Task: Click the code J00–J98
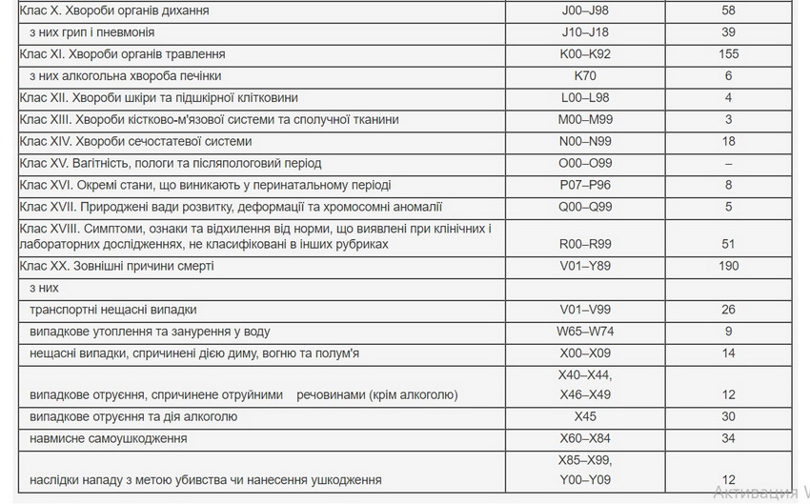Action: [x=585, y=10]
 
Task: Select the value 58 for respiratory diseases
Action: [x=728, y=10]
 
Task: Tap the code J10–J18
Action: [x=585, y=32]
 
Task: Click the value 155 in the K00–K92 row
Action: [x=728, y=54]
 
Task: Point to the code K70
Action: [x=585, y=76]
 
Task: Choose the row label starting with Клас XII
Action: [x=158, y=98]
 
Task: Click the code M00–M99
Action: [x=585, y=120]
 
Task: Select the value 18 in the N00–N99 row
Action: [x=728, y=142]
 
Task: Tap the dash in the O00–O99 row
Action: [x=728, y=164]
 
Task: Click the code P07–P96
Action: [x=585, y=186]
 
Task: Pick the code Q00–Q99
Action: [x=585, y=208]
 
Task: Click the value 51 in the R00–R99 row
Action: [x=728, y=245]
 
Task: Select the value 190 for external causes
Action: [x=728, y=267]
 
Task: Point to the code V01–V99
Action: [x=585, y=311]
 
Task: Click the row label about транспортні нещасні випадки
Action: [x=113, y=311]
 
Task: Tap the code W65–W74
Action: [x=585, y=333]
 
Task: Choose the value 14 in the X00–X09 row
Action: [x=728, y=354]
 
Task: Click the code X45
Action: [x=585, y=417]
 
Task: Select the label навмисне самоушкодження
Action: [x=108, y=439]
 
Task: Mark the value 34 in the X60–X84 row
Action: [x=728, y=439]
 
